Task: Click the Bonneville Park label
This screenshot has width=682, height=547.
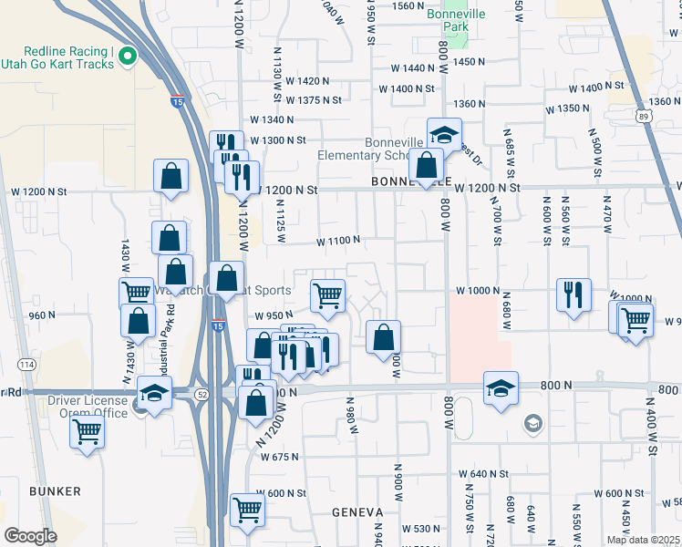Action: click(x=448, y=21)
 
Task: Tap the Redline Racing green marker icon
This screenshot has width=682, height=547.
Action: click(x=127, y=57)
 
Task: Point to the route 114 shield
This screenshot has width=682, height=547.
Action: click(x=27, y=364)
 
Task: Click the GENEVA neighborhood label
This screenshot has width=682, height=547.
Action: click(x=356, y=512)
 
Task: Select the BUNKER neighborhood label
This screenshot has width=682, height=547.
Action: click(x=55, y=491)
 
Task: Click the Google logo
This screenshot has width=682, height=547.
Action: click(x=30, y=535)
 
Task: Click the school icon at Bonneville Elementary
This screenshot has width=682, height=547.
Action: click(x=444, y=135)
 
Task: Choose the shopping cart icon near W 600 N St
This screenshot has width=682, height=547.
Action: click(x=247, y=511)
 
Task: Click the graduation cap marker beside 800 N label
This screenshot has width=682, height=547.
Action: click(x=501, y=388)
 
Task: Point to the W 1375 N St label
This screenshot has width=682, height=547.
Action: click(x=313, y=99)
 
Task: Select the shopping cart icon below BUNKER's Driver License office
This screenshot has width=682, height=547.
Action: click(x=88, y=432)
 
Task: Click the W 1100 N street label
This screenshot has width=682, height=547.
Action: click(x=338, y=241)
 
